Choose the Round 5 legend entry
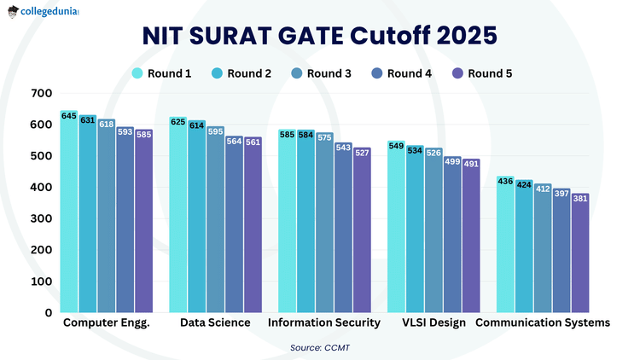pos(482,73)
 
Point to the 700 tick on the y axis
pos(41,93)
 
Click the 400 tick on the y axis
pos(41,187)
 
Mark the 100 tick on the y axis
pos(41,281)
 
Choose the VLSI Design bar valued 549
pos(396,227)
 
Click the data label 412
pos(543,189)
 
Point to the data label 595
pos(215,131)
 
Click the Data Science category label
pos(215,322)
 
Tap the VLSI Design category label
pos(433,322)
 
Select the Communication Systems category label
pos(543,322)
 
